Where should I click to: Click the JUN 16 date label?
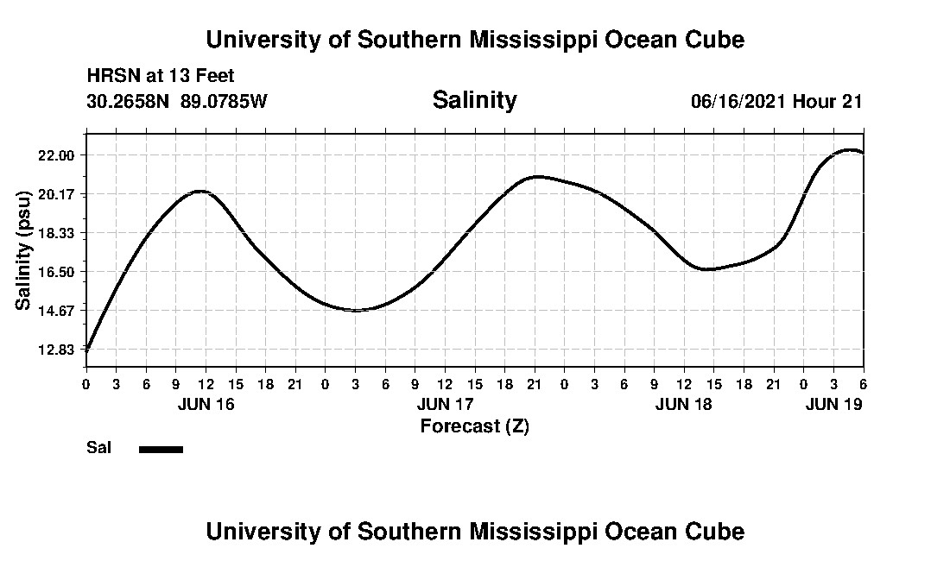(206, 404)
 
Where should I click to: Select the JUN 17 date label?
(445, 404)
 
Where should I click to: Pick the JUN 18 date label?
(684, 404)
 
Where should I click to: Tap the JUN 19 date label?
(833, 404)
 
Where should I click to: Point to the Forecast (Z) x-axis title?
(474, 425)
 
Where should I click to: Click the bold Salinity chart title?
(474, 100)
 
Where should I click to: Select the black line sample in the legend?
(161, 449)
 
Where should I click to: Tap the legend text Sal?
(98, 448)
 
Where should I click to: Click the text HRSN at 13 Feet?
(161, 77)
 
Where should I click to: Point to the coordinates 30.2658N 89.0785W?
(177, 101)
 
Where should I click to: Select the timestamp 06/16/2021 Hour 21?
(776, 101)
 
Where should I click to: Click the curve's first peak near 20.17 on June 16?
(200, 191)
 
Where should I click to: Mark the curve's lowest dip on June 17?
(356, 310)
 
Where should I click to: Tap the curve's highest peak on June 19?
(851, 150)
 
